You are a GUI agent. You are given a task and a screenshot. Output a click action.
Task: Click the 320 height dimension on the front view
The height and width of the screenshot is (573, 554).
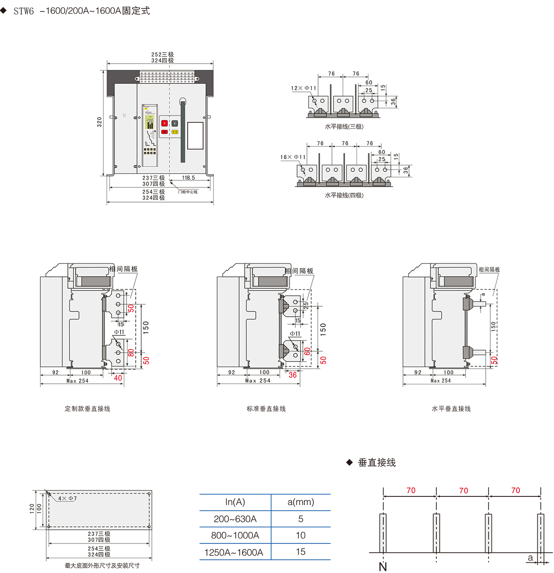point(99,122)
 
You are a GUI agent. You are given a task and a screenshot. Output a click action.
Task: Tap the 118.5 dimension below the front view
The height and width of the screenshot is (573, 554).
point(188,178)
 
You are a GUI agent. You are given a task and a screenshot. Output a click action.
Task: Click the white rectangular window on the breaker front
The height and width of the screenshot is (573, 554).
point(195,136)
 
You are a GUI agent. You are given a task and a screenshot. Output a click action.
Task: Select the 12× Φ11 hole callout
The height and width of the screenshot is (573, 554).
point(304,88)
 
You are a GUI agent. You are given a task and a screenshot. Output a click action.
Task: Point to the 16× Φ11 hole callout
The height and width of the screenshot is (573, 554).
point(293,157)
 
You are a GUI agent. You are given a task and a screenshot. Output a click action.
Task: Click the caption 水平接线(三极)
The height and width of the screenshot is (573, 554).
point(344,126)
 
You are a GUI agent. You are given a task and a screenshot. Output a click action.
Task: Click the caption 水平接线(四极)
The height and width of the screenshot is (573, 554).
point(344,195)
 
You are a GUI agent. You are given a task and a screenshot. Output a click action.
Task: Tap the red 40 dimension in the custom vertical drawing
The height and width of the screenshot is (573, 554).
point(118,378)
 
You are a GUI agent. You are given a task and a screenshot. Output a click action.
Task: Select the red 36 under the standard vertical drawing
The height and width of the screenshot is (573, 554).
point(293,375)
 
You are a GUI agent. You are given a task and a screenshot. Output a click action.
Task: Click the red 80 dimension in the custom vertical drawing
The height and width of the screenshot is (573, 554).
point(131,352)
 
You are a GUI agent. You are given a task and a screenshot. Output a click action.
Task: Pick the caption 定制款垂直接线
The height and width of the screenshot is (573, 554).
point(87,409)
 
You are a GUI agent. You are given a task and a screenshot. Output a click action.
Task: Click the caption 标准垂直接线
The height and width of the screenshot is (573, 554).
point(266,409)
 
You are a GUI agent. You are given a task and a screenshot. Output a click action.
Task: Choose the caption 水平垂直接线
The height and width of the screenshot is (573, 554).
point(451,409)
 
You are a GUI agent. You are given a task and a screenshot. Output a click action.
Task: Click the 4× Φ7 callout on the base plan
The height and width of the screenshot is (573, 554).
point(67,499)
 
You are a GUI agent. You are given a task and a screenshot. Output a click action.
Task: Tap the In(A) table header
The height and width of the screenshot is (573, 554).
point(235,502)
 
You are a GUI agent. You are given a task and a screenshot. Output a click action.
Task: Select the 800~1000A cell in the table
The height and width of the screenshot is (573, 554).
point(235,535)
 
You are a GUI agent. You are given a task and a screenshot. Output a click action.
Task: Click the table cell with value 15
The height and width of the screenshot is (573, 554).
point(301,552)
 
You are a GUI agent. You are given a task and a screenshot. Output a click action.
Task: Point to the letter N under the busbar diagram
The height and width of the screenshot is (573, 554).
point(383,567)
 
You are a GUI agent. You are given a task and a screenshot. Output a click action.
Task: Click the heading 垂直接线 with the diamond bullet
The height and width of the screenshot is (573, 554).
point(377,462)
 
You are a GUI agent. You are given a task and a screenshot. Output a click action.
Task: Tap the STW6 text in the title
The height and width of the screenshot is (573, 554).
point(24,11)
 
